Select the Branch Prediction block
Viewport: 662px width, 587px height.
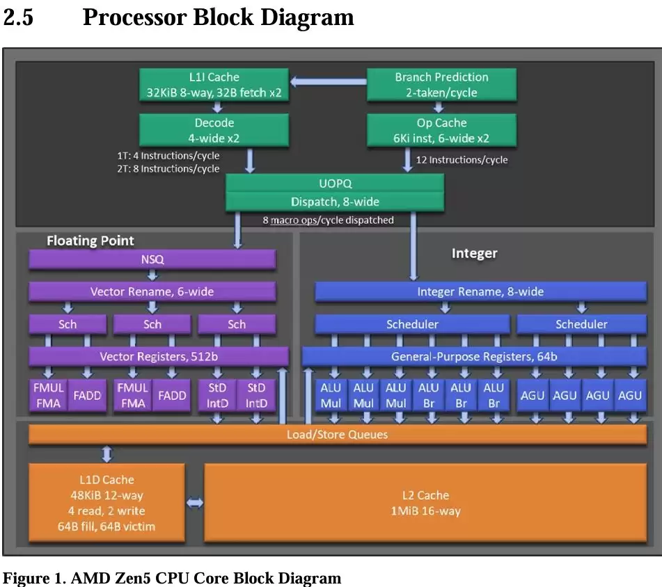click(x=441, y=84)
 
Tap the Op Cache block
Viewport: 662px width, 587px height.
click(x=441, y=130)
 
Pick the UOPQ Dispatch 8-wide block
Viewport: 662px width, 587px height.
click(x=335, y=193)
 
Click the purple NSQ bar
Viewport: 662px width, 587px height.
click(x=152, y=259)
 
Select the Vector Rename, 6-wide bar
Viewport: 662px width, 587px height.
click(x=152, y=291)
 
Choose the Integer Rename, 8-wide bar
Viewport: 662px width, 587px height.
click(x=480, y=291)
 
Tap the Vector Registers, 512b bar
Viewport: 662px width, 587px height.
click(x=158, y=357)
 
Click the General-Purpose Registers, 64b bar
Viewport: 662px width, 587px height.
click(x=474, y=357)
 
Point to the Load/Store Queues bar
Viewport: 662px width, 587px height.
click(x=338, y=435)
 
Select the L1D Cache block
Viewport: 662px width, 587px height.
click(x=107, y=503)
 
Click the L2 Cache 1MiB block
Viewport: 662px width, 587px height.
click(x=425, y=503)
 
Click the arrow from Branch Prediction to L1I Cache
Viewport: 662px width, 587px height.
click(x=328, y=82)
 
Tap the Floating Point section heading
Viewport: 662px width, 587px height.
click(x=90, y=241)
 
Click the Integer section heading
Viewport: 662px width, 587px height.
click(x=474, y=253)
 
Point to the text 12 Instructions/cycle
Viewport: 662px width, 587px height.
click(x=462, y=160)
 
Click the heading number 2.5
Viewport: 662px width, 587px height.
click(x=18, y=17)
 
